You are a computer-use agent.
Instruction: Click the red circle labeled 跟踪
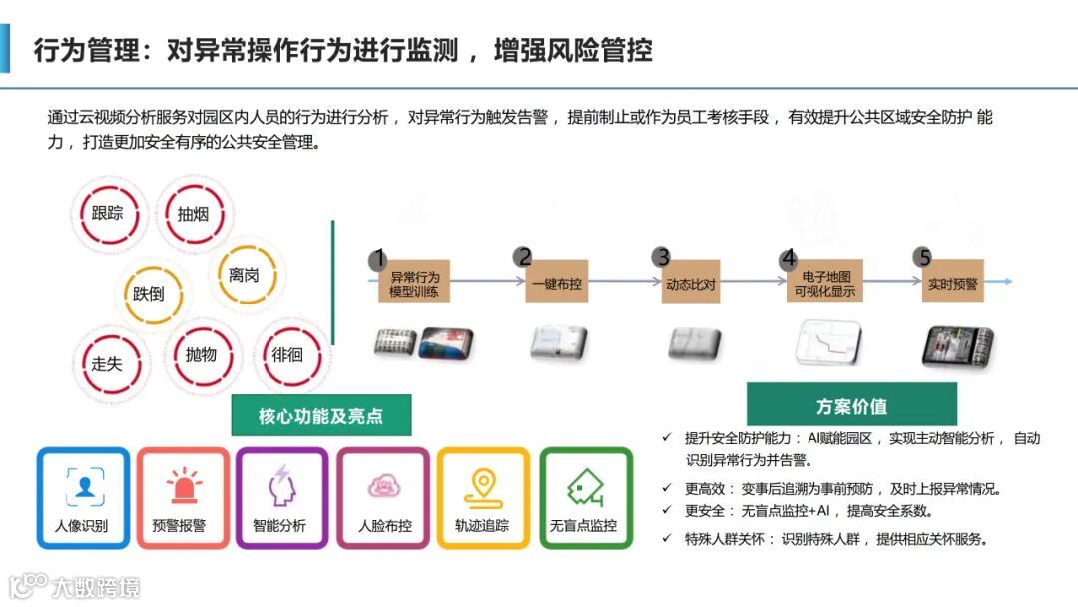coord(108,213)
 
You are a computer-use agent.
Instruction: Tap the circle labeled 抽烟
coord(193,213)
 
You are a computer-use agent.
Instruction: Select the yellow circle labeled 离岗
coord(244,274)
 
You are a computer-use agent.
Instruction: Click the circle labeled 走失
coord(106,363)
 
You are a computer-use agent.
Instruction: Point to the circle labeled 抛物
coord(201,355)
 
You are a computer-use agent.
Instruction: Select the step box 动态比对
coord(691,284)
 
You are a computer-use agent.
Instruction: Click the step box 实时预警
coord(952,284)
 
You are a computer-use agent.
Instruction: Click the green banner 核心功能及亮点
coord(320,415)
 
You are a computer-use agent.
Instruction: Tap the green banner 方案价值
coord(850,405)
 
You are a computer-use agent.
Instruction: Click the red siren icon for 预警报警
coord(184,486)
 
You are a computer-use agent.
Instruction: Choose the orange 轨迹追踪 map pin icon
coord(482,486)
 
